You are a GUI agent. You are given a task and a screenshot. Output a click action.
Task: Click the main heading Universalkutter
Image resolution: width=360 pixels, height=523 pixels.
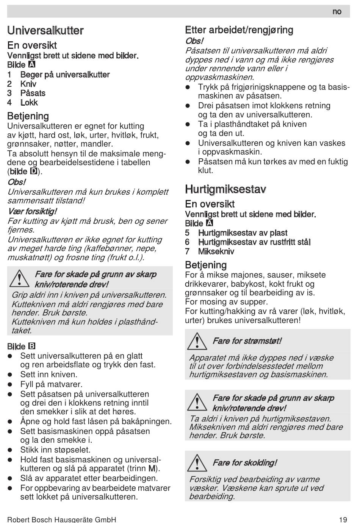tap(45, 30)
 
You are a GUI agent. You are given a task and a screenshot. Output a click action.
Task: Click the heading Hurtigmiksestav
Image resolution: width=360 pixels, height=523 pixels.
tap(225, 189)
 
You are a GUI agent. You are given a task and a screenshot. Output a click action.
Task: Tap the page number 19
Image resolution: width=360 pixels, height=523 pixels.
tap(343, 519)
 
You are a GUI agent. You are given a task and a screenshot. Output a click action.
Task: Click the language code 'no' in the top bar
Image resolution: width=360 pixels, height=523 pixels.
tap(337, 12)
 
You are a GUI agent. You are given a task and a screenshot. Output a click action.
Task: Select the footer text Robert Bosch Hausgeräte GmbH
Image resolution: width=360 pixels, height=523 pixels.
tap(62, 519)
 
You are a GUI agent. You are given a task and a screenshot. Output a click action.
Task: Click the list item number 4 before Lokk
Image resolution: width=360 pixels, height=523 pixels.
tap(9, 103)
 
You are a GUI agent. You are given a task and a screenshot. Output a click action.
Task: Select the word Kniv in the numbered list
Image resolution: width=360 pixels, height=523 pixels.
tap(28, 84)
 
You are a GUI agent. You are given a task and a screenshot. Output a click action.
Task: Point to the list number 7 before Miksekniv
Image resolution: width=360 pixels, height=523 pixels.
tap(187, 251)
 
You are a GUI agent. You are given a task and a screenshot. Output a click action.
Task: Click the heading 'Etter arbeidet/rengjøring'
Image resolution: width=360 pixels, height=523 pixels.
tap(239, 30)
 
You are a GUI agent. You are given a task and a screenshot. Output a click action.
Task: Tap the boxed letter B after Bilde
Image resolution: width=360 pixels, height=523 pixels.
tap(32, 346)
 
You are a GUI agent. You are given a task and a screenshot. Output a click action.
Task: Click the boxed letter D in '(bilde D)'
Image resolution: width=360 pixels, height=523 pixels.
tap(33, 171)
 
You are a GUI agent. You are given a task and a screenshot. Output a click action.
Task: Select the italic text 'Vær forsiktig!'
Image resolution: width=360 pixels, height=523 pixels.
tap(33, 211)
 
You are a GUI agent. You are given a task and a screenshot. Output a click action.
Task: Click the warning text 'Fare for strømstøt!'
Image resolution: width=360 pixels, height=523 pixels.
tap(247, 341)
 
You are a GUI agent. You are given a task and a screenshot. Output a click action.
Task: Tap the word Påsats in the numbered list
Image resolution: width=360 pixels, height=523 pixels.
tap(33, 93)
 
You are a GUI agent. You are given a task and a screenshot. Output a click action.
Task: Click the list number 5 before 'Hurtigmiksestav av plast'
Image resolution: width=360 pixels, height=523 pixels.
tap(187, 233)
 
